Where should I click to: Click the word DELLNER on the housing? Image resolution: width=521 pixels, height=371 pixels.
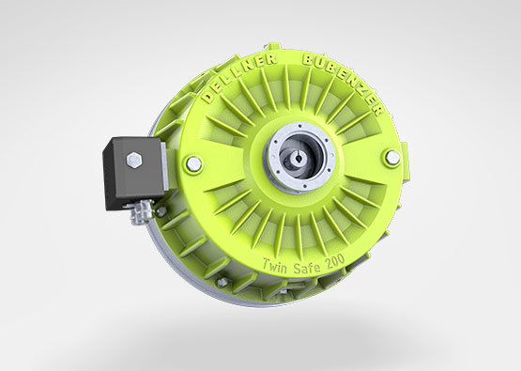click(x=238, y=77)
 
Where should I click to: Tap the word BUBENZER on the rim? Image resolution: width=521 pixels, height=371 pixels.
click(x=345, y=81)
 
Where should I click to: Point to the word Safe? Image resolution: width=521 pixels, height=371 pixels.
click(x=307, y=265)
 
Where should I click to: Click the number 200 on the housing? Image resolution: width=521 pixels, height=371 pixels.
click(x=334, y=260)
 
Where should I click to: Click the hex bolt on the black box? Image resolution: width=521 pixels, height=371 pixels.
click(x=134, y=161)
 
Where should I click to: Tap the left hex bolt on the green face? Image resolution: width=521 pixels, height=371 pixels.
click(x=193, y=163)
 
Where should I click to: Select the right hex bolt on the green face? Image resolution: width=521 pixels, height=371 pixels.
click(x=392, y=158)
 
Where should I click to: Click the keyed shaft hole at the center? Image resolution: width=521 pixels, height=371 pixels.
click(x=298, y=158)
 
